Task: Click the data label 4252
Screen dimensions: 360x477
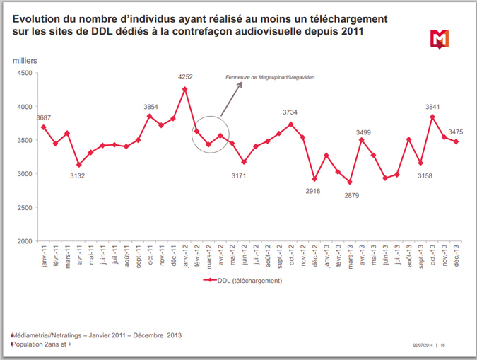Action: click(185, 76)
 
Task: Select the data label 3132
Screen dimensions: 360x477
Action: click(78, 175)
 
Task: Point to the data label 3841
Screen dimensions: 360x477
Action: click(432, 107)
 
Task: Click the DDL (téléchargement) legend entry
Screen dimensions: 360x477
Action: click(243, 280)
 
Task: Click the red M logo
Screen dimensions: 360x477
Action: click(438, 40)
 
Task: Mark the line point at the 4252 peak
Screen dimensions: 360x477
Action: click(185, 89)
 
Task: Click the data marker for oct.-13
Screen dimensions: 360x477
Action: click(432, 117)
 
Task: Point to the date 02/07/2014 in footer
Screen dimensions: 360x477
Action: click(423, 345)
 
